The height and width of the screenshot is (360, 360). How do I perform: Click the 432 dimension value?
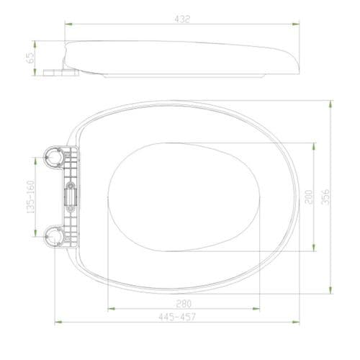point(182,19)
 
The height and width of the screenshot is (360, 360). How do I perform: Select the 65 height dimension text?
point(31,58)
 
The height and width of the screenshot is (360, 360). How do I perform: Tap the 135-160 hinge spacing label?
point(30,197)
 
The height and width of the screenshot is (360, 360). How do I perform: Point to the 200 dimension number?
point(308,197)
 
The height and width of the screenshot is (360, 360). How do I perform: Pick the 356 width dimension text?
point(325,197)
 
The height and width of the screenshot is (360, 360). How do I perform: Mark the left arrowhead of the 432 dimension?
point(67,24)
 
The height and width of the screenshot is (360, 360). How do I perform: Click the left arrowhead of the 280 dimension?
point(109,309)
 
